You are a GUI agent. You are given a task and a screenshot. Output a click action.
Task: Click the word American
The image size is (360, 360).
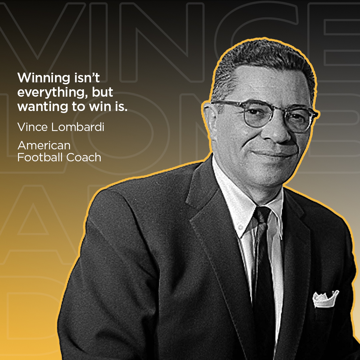[44, 145]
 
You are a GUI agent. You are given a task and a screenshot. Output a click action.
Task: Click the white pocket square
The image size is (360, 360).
[325, 298]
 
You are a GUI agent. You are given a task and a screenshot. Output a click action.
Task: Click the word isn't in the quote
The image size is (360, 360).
[86, 78]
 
